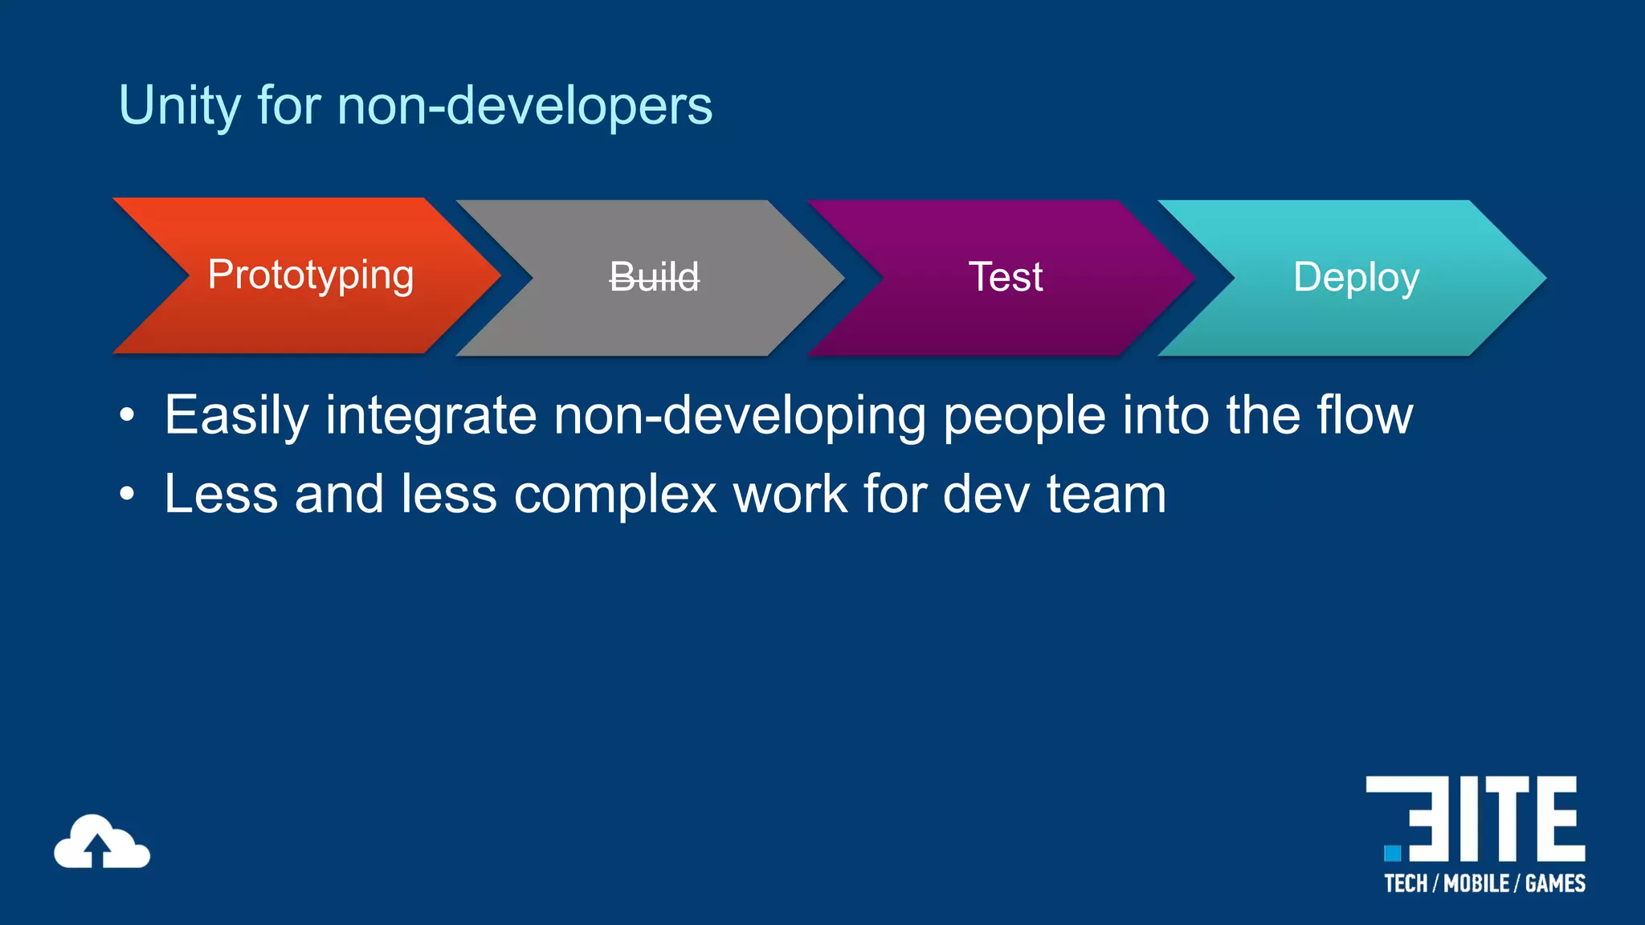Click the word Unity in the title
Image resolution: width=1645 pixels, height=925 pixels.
tap(178, 106)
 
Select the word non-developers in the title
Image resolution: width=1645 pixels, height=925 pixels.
tap(525, 106)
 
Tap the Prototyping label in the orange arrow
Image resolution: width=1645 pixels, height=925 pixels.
tap(311, 275)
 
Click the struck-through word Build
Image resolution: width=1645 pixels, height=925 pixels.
tap(655, 277)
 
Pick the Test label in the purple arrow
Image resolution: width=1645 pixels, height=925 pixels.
tap(1005, 277)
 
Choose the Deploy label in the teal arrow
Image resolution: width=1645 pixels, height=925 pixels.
tap(1356, 278)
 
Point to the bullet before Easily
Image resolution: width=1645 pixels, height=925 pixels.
tap(127, 416)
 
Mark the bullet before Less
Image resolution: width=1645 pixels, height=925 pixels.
tap(127, 495)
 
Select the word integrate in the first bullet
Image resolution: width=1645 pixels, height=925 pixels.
tap(431, 416)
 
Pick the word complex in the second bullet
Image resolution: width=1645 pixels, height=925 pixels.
tap(614, 494)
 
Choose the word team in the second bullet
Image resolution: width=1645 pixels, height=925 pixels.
tap(1106, 494)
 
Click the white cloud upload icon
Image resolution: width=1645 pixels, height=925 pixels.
tap(101, 842)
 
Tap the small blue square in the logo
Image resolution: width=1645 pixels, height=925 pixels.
tap(1392, 852)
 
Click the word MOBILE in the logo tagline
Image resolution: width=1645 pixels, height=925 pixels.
tap(1476, 884)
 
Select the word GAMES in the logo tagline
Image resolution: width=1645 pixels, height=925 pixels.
tap(1555, 884)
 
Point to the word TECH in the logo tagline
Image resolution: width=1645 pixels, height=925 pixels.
tap(1406, 884)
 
